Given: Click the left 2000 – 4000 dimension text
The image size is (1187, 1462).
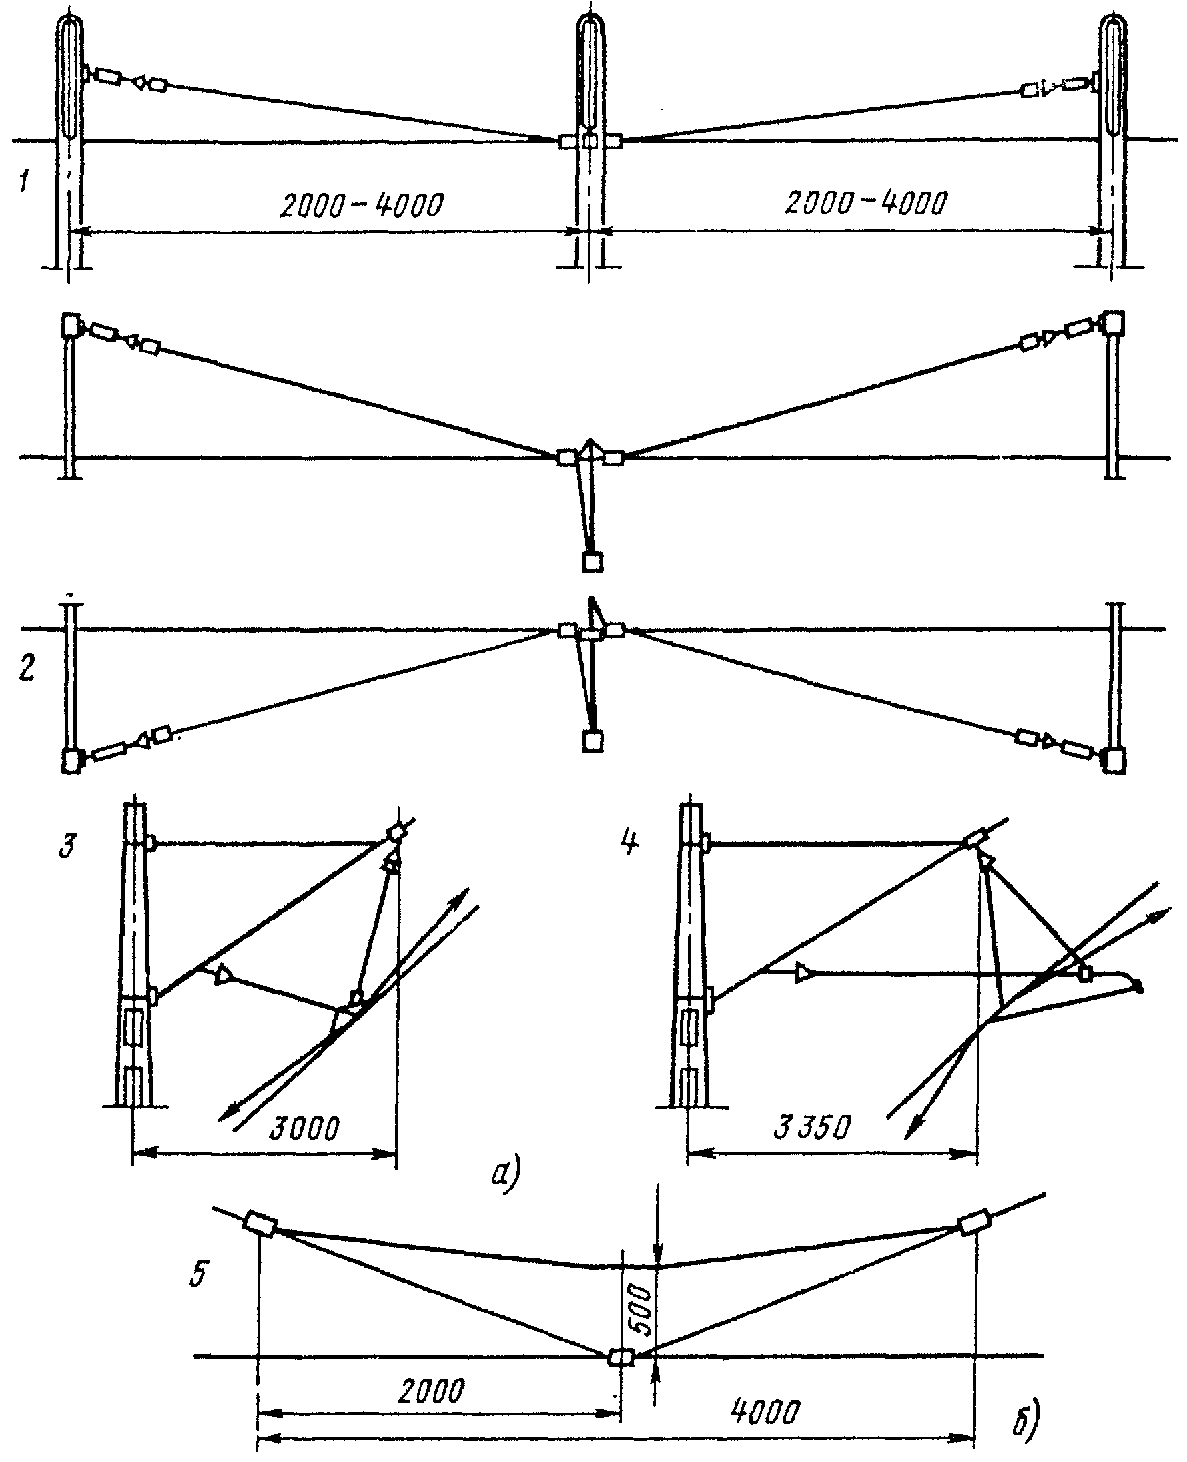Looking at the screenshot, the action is click(x=362, y=204).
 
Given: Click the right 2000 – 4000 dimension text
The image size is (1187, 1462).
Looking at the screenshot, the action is click(x=866, y=202).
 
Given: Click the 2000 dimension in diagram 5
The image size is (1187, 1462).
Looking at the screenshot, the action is click(x=432, y=1391).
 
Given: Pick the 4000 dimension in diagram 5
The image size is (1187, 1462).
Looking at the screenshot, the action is click(x=765, y=1411).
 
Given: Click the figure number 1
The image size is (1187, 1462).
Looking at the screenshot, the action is click(x=24, y=183).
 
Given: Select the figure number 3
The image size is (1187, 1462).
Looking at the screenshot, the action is click(x=67, y=846).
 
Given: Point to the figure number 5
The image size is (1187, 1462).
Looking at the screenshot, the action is click(x=198, y=1273).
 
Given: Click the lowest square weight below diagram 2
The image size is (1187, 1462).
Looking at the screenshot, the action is click(x=592, y=741).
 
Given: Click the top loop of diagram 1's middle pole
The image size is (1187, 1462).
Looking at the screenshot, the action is click(x=591, y=27).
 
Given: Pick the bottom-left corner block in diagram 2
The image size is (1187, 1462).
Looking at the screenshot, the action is click(x=72, y=761).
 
